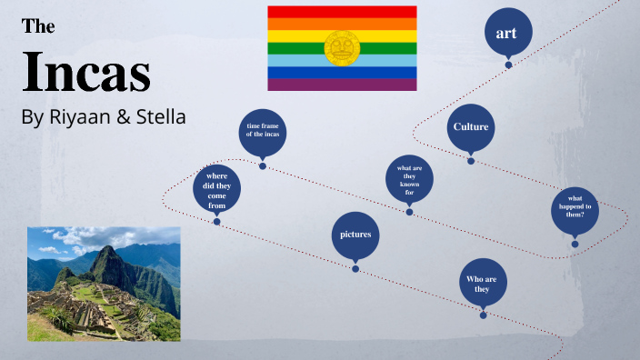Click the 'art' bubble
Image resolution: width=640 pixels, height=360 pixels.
click(507, 34)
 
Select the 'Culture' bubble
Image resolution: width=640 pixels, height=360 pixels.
click(470, 127)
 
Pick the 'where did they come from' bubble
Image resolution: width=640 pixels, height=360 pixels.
click(216, 189)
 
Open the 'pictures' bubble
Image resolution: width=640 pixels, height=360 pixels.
click(355, 235)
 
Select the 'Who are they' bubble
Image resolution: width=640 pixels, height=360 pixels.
click(483, 283)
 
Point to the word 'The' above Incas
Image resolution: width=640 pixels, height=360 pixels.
click(38, 26)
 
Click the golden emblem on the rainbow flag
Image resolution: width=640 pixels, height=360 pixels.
click(342, 48)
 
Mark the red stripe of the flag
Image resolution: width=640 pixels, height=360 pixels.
click(342, 11)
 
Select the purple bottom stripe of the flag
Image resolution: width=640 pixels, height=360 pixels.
click(342, 85)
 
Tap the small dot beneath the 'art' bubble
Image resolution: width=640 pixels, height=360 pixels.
click(508, 65)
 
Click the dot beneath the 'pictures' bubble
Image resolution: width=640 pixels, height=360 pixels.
click(355, 268)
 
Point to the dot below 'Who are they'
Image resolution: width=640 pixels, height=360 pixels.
click(484, 315)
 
